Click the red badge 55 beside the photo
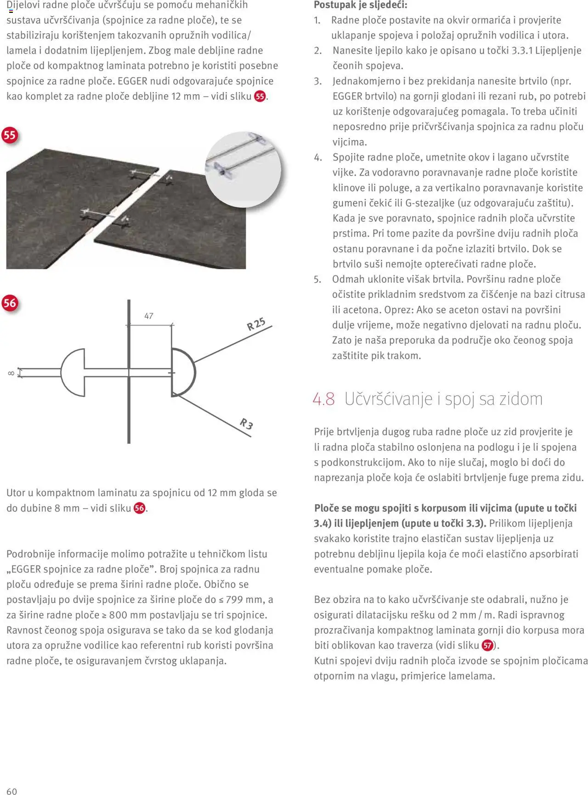point(10,135)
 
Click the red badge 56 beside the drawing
point(10,303)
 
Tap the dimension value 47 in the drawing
point(149,316)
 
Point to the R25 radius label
point(256,324)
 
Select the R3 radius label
point(247,423)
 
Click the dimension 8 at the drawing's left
point(11,373)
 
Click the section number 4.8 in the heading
point(324,399)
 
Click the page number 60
point(11,791)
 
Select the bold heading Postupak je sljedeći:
point(361,5)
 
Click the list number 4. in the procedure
point(318,157)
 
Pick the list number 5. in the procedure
point(318,279)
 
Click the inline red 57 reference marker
point(487,646)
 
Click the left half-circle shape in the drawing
point(73,372)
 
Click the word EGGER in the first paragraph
point(132,81)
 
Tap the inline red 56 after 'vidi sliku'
point(140,508)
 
